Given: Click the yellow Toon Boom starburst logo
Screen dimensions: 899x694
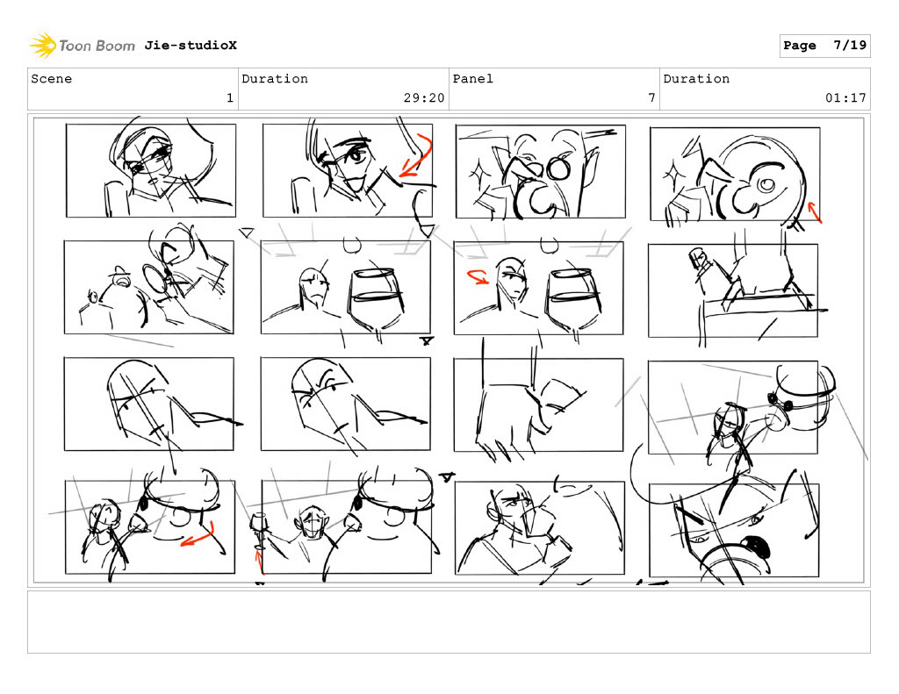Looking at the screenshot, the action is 43,46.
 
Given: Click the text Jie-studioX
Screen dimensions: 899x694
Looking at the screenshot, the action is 191,46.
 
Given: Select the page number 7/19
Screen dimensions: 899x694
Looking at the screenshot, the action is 850,46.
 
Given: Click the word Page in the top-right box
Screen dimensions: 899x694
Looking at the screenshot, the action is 799,46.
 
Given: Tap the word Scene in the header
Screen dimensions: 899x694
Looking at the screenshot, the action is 52,78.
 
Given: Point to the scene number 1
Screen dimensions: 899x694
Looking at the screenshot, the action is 230,98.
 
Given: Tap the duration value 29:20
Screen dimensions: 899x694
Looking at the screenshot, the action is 424,98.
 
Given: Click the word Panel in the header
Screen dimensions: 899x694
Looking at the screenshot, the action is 472,78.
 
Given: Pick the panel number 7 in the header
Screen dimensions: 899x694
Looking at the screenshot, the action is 651,98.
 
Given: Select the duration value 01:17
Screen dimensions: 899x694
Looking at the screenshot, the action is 845,98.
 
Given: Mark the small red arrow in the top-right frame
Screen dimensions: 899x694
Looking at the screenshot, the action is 814,211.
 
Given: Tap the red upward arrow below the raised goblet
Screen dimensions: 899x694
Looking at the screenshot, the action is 259,561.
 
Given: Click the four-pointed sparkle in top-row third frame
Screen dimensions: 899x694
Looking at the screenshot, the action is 477,173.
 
